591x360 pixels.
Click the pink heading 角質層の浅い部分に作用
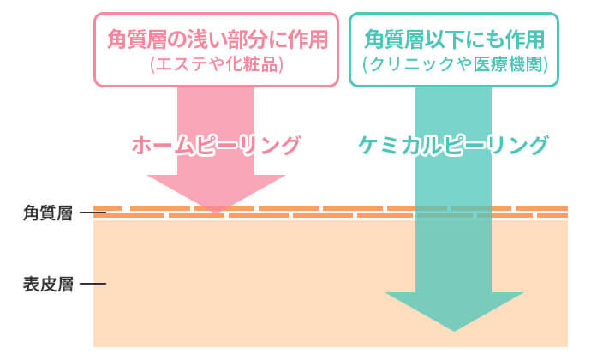click(217, 39)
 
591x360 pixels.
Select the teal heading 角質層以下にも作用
click(454, 39)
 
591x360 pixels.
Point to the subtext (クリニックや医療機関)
click(454, 63)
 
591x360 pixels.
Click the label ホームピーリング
click(216, 146)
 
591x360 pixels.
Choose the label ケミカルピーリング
click(452, 146)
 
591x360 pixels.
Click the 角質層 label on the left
click(48, 213)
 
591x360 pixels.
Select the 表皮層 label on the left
click(48, 284)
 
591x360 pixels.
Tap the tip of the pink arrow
click(216, 213)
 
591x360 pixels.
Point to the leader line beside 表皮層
click(93, 284)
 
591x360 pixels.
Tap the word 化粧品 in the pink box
click(254, 63)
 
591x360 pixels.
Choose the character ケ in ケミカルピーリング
click(368, 146)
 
